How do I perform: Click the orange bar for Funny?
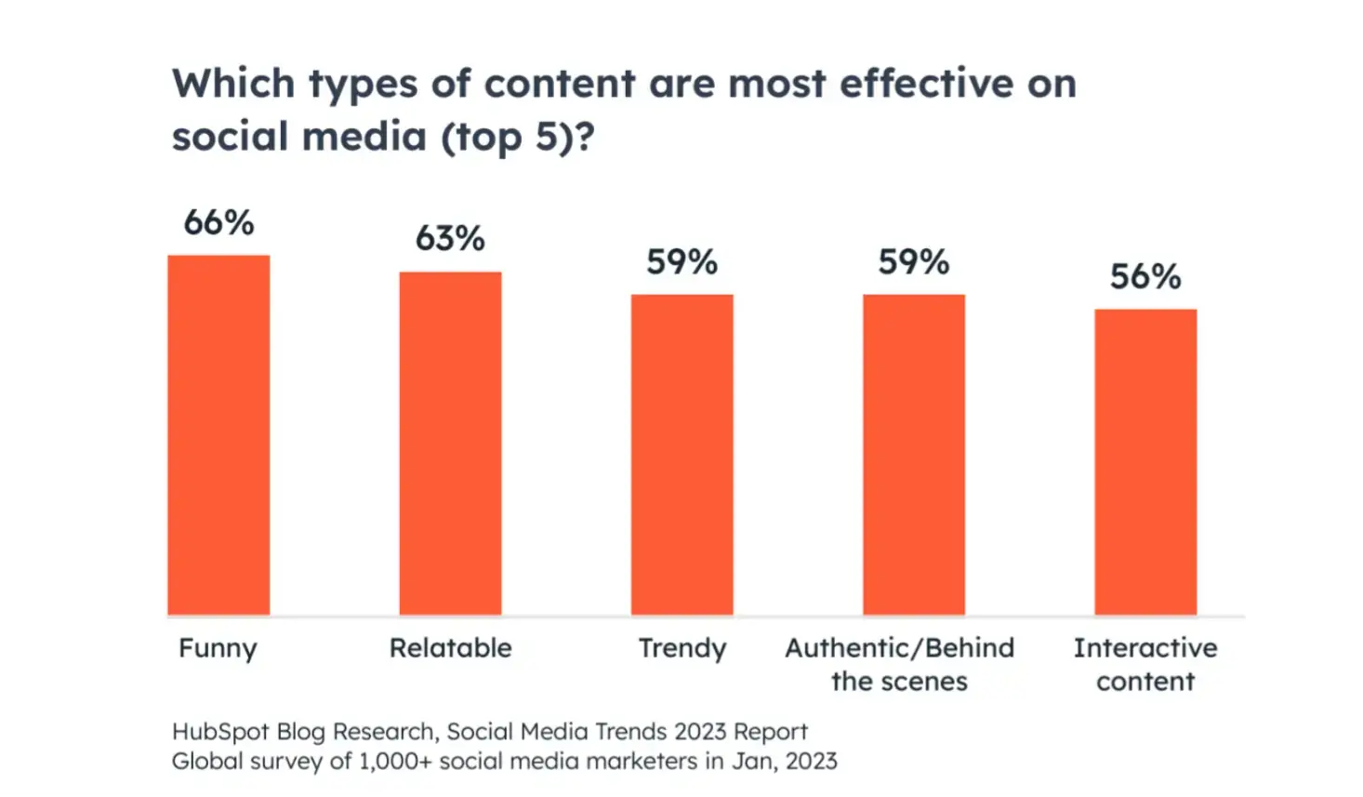[x=218, y=434]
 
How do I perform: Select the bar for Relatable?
[x=450, y=443]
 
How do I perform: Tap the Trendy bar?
[x=681, y=454]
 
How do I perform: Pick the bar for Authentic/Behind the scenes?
[x=913, y=454]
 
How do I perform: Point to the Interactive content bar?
[x=1145, y=461]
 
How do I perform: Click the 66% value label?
[x=218, y=223]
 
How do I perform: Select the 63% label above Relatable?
[x=450, y=239]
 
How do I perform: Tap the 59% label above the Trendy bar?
[x=681, y=262]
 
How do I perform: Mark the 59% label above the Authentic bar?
[x=913, y=262]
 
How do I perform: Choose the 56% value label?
[x=1145, y=277]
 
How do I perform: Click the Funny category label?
[x=218, y=648]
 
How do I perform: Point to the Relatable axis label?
[x=450, y=648]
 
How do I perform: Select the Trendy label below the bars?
[x=681, y=648]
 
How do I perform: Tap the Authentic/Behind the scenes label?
[x=899, y=664]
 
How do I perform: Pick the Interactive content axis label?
[x=1145, y=664]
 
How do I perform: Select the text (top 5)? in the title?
[x=517, y=138]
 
